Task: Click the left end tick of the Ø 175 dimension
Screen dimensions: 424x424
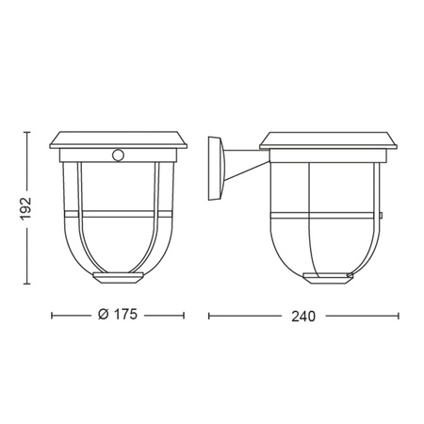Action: click(x=51, y=316)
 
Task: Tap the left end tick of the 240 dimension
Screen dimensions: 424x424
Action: click(x=208, y=316)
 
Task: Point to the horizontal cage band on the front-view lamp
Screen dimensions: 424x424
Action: click(x=117, y=216)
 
